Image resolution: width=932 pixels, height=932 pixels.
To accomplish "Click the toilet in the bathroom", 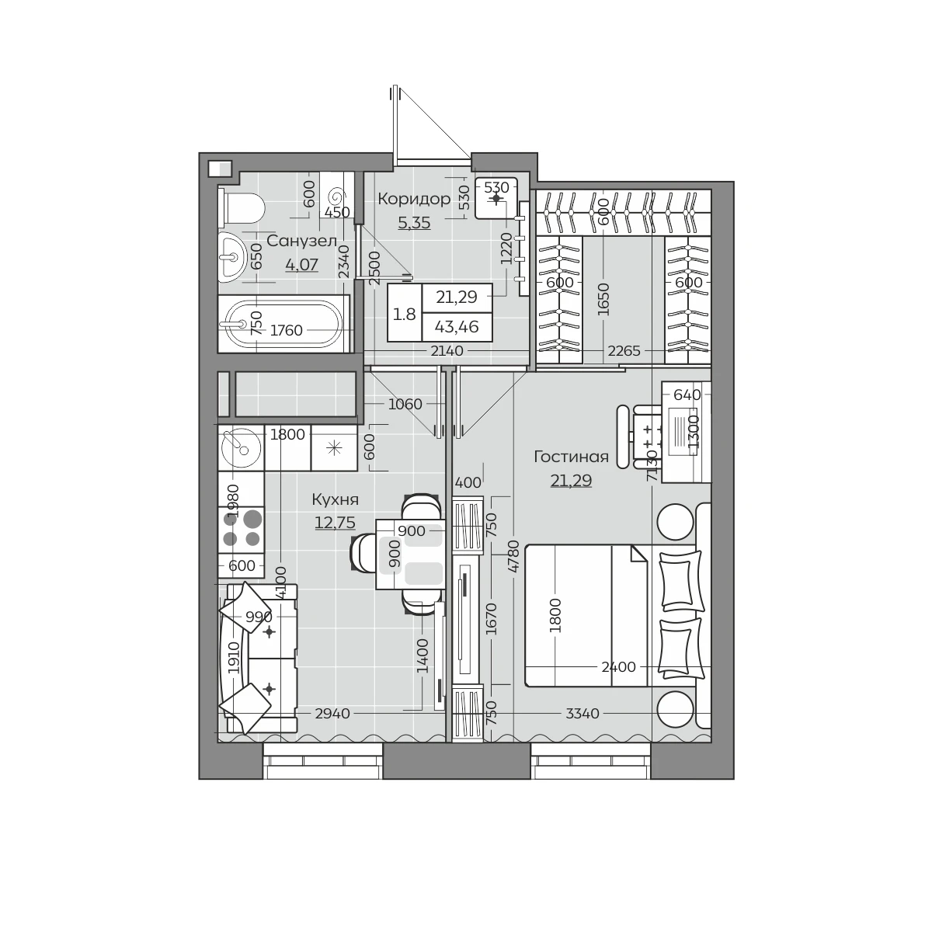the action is point(241,208).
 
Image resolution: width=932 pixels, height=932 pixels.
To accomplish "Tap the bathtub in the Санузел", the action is point(283,324).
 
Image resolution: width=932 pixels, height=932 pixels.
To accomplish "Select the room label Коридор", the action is point(414,199).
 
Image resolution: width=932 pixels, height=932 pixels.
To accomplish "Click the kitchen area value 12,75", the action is point(335,523).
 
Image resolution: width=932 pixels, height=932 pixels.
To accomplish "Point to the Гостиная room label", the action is point(571,457).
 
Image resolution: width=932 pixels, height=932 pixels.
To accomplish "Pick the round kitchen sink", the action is point(241,448).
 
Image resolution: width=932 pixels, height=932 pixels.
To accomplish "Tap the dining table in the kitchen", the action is point(410,554).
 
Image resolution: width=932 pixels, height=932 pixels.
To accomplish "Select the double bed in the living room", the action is point(586,615).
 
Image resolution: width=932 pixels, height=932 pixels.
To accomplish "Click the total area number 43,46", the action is point(457,327).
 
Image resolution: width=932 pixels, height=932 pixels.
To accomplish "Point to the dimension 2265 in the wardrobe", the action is point(624,350).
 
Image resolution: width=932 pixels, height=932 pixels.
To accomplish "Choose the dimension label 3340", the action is point(582,714).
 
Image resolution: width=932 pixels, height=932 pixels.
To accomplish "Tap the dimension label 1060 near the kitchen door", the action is point(405,404).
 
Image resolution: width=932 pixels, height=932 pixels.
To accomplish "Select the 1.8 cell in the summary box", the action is point(405,315).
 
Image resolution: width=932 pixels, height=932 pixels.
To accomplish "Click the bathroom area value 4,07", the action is point(302,265).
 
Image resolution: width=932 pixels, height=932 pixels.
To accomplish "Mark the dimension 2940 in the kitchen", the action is point(332,714).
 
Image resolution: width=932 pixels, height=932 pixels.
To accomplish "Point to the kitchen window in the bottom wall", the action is point(323,761).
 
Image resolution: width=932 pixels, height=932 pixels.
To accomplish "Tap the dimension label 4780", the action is point(513,556).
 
